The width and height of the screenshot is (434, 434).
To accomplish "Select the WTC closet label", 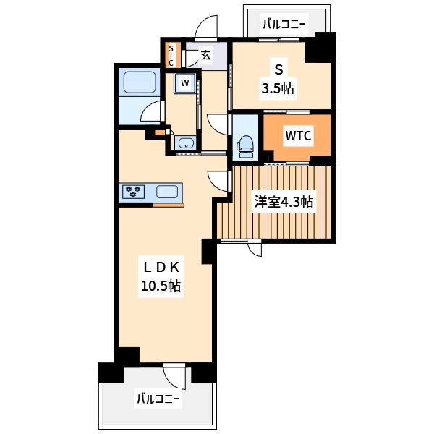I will pyautogui.click(x=298, y=135).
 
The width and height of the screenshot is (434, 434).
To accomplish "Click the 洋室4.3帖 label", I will pyautogui.click(x=283, y=203).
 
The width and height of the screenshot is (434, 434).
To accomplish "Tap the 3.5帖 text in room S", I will pyautogui.click(x=277, y=90).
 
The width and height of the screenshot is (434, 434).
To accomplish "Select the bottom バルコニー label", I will pyautogui.click(x=158, y=398).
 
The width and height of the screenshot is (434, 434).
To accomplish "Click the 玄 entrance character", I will pyautogui.click(x=205, y=54).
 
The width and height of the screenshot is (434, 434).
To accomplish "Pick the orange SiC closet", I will pyautogui.click(x=171, y=55).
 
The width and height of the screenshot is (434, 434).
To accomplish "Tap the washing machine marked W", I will pyautogui.click(x=185, y=82).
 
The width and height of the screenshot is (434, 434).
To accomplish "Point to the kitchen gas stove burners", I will pyautogui.click(x=133, y=192).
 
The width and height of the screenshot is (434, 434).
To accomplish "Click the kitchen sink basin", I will pyautogui.click(x=167, y=192).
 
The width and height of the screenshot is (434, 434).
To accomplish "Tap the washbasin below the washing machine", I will pyautogui.click(x=186, y=142).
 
